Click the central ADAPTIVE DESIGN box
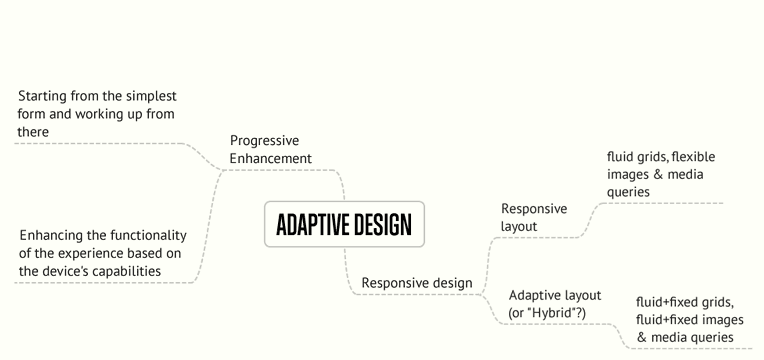point(344,224)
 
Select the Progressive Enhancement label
point(270,149)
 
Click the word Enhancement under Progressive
point(270,158)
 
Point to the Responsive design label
point(416,283)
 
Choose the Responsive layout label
point(533,217)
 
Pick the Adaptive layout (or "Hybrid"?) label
point(555,304)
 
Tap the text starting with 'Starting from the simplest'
point(97,114)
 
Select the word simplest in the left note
point(150,96)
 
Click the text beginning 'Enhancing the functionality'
point(103,253)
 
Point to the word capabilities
point(150,271)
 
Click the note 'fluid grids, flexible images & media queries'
point(660,174)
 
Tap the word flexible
point(694,157)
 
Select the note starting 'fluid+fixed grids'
point(690,320)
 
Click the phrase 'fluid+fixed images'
point(690,320)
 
